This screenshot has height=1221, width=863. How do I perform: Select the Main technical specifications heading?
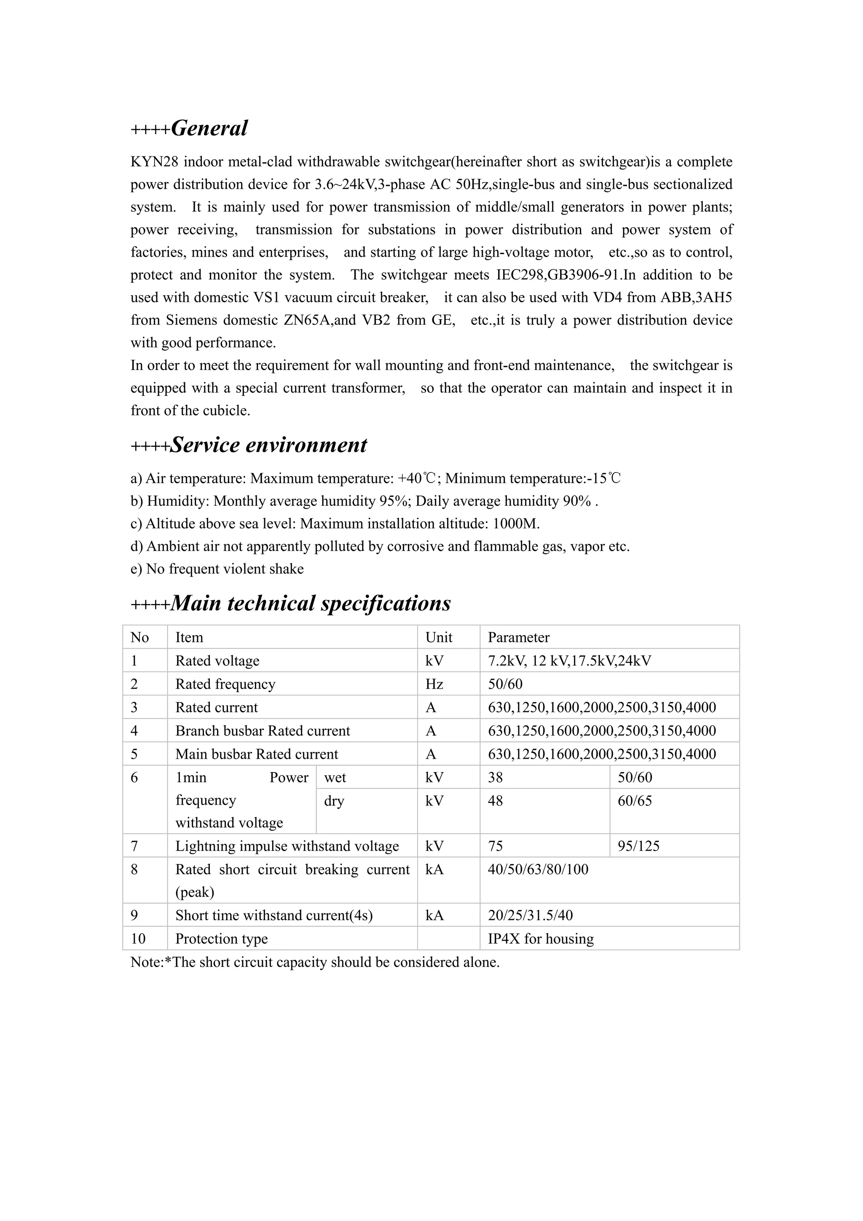point(311,604)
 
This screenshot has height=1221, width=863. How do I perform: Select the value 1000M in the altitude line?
point(516,524)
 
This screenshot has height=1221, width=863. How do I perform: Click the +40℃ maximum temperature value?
point(417,479)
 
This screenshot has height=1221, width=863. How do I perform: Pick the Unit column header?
point(439,637)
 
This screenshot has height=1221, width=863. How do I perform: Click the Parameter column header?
point(518,637)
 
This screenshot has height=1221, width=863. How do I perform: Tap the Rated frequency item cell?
point(225,684)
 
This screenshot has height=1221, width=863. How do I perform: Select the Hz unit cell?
point(434,684)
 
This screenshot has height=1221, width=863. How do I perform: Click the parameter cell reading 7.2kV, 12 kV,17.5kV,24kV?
point(569,660)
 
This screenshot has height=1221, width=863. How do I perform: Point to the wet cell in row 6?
point(335,778)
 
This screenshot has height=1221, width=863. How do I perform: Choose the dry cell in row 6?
point(334,801)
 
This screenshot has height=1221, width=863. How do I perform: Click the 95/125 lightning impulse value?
point(638,846)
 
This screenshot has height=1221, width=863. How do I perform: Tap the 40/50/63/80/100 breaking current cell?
point(538,869)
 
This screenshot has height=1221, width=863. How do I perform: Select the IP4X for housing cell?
point(540,939)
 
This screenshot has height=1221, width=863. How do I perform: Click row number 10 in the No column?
point(138,939)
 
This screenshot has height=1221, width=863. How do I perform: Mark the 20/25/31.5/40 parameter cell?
point(530,915)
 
